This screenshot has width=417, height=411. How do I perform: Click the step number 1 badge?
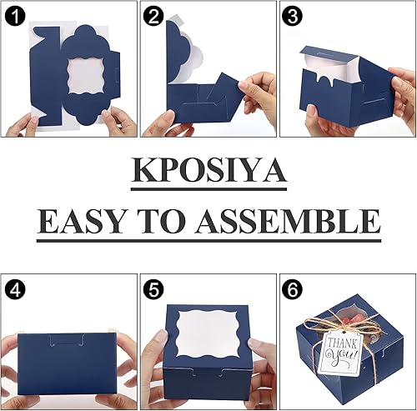pos(17,17)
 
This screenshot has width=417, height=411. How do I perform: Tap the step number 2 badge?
pos(153,17)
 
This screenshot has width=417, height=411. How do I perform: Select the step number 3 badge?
pos(291,17)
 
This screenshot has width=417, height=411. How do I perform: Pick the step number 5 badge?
pos(153,292)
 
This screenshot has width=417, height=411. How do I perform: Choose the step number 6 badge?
pos(291,292)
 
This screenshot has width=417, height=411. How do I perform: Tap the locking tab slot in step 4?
pos(67,341)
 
